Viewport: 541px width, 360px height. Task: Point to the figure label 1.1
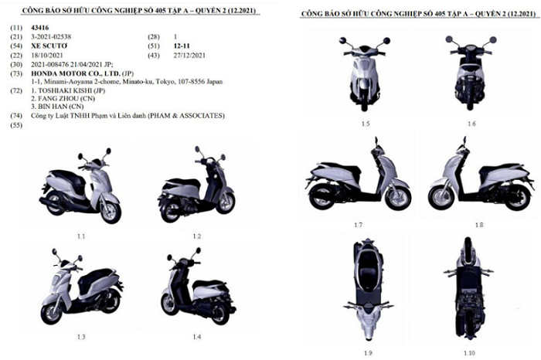[x=81, y=235]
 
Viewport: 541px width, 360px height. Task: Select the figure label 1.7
[x=359, y=224]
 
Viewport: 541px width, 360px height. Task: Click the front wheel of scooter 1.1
[x=109, y=209]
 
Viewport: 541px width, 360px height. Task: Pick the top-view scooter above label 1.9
[x=360, y=290]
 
